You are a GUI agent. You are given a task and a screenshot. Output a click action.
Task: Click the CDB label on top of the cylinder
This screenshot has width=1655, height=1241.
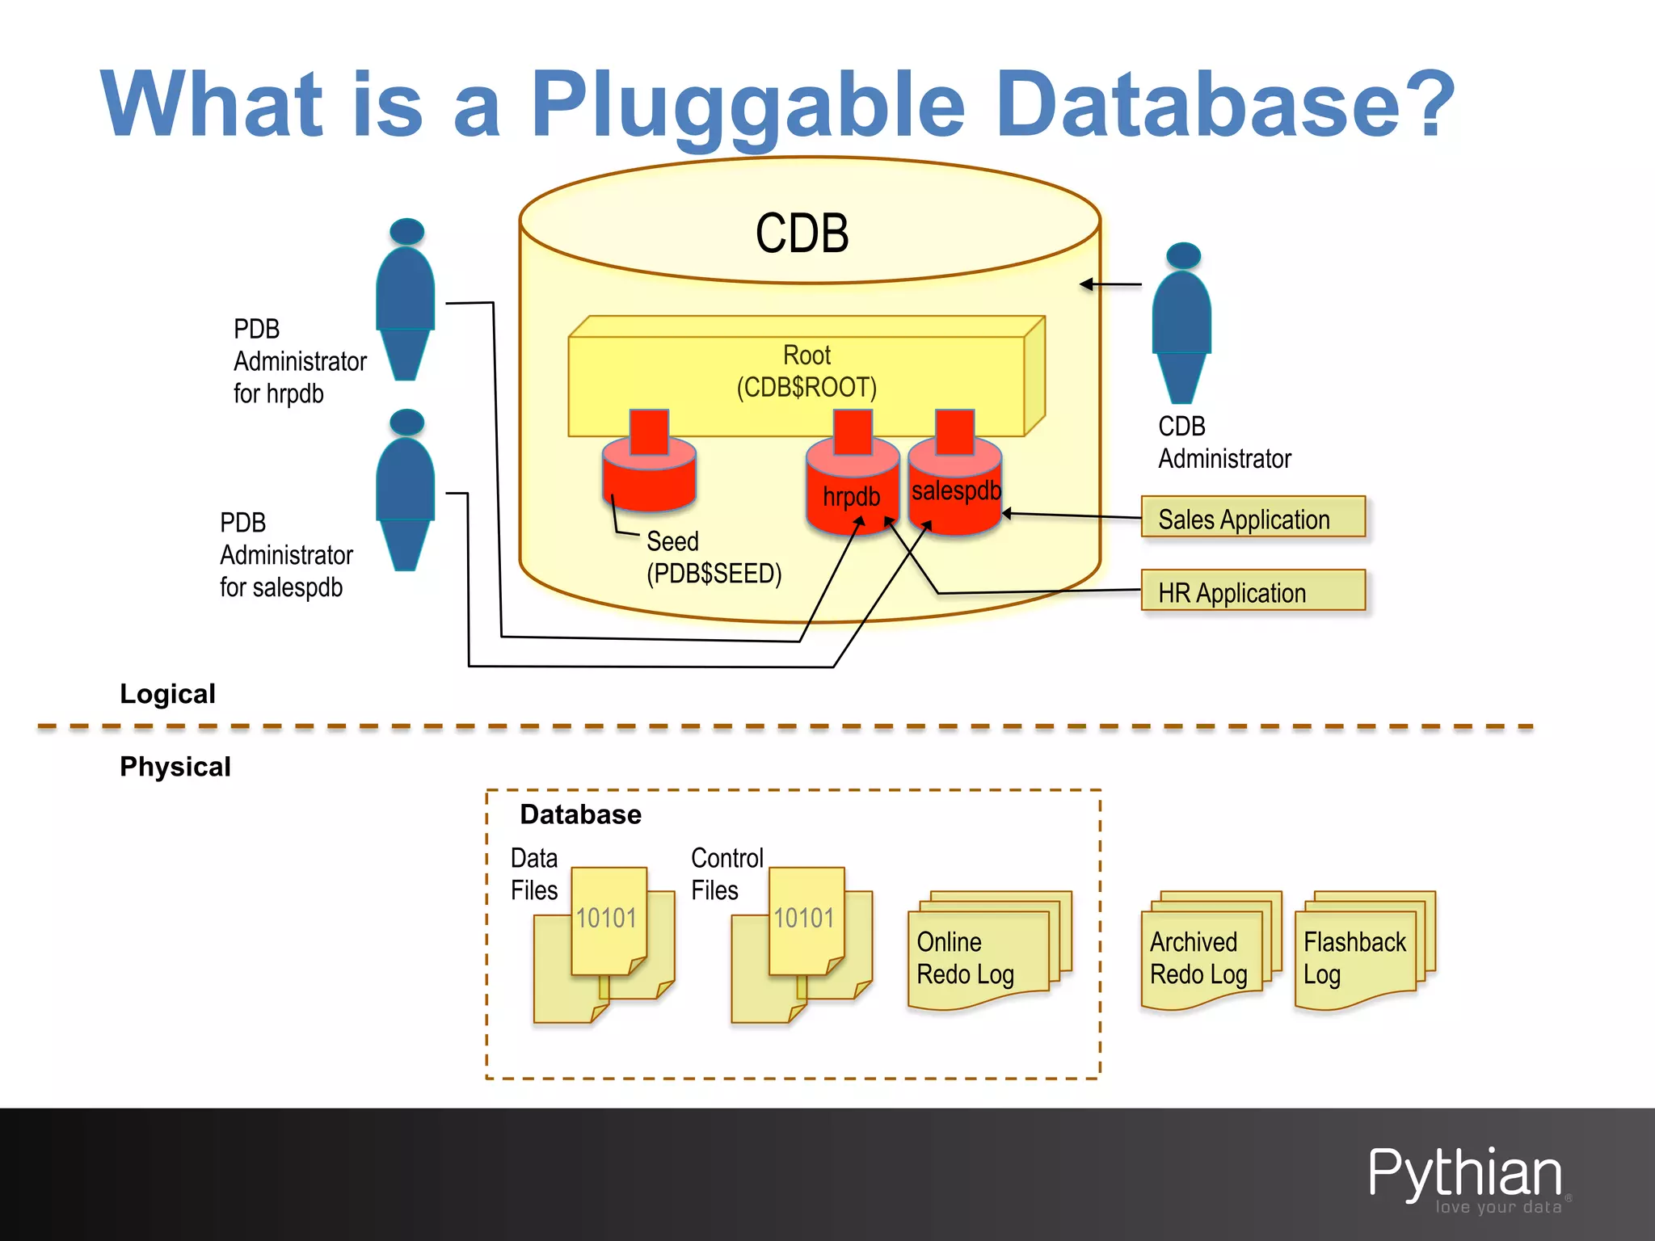pyautogui.click(x=802, y=233)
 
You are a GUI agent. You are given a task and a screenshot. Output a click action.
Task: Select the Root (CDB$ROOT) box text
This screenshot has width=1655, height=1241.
pyautogui.click(x=806, y=372)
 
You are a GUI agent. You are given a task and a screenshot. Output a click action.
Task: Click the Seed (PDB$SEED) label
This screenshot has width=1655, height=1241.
pyautogui.click(x=713, y=557)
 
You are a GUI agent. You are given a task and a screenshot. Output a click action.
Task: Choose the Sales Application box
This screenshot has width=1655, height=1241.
pyautogui.click(x=1253, y=518)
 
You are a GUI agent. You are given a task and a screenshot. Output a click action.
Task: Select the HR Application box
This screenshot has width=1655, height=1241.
pyautogui.click(x=1253, y=591)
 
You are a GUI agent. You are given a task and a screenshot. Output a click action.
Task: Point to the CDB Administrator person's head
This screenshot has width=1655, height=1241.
pyautogui.click(x=1183, y=255)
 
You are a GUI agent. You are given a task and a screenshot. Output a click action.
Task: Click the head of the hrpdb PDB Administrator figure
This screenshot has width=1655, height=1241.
pyautogui.click(x=406, y=231)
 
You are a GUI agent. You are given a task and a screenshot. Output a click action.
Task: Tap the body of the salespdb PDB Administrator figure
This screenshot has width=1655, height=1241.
pyautogui.click(x=406, y=485)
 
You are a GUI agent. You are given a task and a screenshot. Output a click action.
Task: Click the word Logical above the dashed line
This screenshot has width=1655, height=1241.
pyautogui.click(x=167, y=693)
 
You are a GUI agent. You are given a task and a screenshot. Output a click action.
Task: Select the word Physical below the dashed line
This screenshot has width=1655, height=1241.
pyautogui.click(x=175, y=766)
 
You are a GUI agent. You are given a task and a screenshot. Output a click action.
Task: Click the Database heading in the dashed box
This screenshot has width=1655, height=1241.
pyautogui.click(x=580, y=814)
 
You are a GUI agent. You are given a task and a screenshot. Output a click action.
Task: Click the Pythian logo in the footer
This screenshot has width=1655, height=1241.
pyautogui.click(x=1464, y=1176)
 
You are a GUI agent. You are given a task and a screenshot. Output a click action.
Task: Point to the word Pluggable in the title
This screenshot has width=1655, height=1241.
pyautogui.click(x=747, y=105)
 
